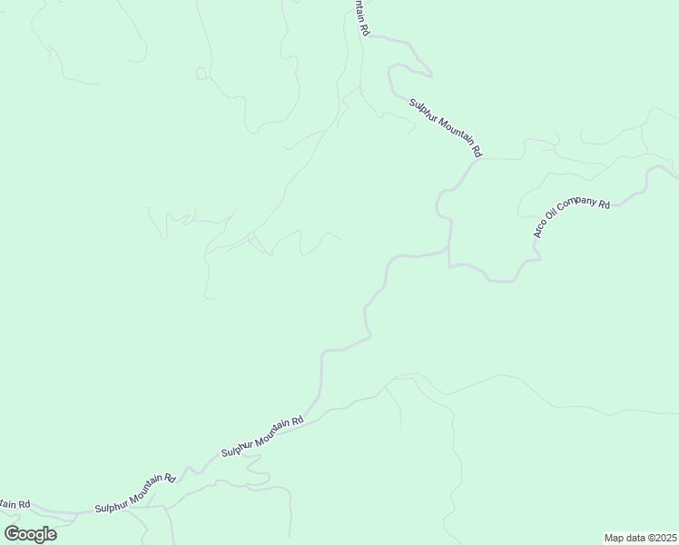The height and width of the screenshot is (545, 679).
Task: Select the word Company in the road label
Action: coord(576,206)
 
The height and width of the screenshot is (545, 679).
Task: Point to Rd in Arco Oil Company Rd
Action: coord(603,203)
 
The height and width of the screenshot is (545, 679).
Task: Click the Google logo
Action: coord(30,533)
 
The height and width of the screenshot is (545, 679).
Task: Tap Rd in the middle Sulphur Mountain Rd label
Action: coord(297,420)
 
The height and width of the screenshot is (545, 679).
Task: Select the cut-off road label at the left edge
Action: coord(15,504)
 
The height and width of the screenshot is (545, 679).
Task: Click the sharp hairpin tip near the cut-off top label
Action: coord(431,74)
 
